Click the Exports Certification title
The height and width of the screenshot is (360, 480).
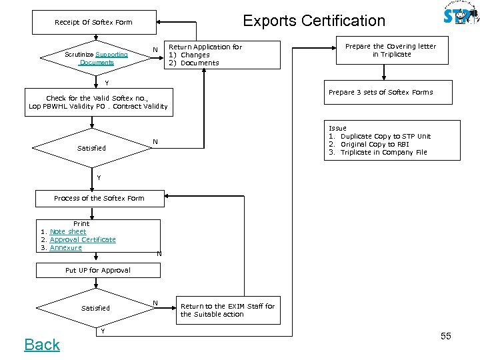point(314,21)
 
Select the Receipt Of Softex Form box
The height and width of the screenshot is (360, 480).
point(93,23)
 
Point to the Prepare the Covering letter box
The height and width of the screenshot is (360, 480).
point(391,51)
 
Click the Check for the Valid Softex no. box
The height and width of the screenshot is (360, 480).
point(98,103)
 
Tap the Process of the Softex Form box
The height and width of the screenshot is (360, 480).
point(99,198)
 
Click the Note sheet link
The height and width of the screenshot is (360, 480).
point(67,231)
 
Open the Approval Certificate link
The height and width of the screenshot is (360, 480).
point(82,239)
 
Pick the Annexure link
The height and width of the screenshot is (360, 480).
point(65,247)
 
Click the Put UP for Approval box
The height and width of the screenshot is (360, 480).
point(98,270)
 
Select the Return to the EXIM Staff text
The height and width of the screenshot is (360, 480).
point(227,310)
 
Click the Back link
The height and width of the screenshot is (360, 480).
point(42,344)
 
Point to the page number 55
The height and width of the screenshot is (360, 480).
point(445,336)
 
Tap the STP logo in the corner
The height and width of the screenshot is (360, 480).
point(460,16)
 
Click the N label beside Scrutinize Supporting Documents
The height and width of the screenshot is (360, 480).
point(155,50)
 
